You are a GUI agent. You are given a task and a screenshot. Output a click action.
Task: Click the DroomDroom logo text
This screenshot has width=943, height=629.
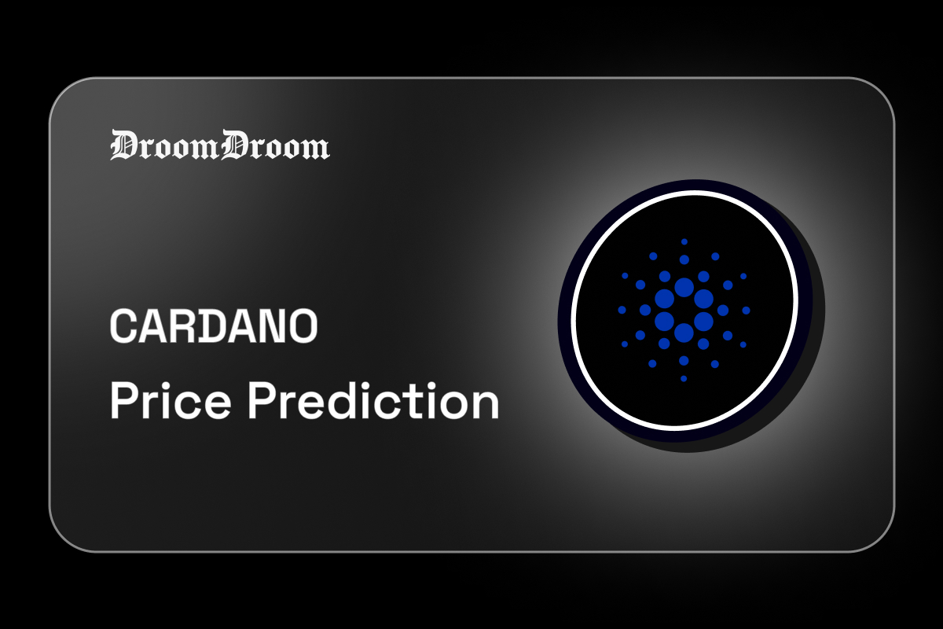click(219, 145)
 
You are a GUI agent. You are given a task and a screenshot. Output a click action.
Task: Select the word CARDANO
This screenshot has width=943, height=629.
click(213, 326)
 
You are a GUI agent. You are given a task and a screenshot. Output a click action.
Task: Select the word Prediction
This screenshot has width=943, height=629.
click(374, 403)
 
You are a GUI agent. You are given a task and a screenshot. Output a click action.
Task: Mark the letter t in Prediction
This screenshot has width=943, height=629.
click(421, 403)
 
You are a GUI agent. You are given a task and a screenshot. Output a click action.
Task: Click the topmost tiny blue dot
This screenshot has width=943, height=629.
click(684, 242)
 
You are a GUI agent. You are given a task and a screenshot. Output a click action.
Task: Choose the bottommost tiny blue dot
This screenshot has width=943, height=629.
click(684, 379)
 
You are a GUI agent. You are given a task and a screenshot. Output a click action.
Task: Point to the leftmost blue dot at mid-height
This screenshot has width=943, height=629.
click(622, 311)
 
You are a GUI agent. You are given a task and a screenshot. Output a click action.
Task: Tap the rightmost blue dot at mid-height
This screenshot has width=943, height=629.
click(746, 311)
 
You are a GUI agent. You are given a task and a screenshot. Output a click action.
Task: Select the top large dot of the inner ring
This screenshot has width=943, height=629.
click(684, 287)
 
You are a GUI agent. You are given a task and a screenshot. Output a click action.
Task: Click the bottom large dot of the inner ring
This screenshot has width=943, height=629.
click(684, 333)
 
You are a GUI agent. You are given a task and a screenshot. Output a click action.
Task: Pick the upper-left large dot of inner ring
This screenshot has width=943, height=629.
click(664, 299)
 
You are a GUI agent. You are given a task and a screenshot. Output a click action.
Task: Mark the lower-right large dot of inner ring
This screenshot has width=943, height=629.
click(703, 322)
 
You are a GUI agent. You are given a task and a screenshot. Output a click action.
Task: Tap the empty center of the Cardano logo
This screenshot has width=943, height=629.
click(684, 311)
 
